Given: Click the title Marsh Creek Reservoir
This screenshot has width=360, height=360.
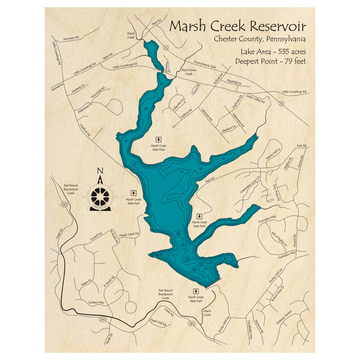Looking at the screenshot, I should click(x=238, y=26).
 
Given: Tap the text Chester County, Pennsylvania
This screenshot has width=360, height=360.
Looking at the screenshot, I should click(x=260, y=39).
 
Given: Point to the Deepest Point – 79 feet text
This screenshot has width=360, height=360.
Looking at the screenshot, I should click(x=270, y=61).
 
